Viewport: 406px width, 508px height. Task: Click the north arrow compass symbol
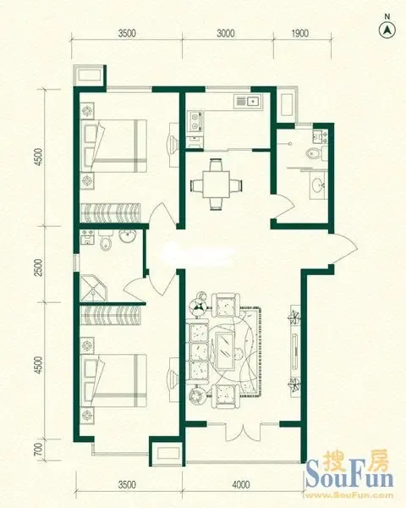[x=387, y=30]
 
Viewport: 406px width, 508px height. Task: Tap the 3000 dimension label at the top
[x=225, y=33]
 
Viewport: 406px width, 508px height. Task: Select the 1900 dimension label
[x=299, y=33]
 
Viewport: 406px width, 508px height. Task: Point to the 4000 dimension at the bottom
[x=241, y=484]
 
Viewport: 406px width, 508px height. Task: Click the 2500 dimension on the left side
[x=39, y=268]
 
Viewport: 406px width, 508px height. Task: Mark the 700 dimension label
[x=38, y=450]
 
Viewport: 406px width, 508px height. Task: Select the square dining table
[x=216, y=185]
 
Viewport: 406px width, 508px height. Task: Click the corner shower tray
[x=94, y=288]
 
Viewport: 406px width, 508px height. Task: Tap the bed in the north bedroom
[x=114, y=146]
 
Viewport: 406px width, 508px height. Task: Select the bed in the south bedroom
[x=114, y=381]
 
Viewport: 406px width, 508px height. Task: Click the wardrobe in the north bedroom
[x=111, y=213]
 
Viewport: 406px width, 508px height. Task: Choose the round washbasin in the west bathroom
[x=129, y=235]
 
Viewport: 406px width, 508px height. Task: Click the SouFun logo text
[x=350, y=478]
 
